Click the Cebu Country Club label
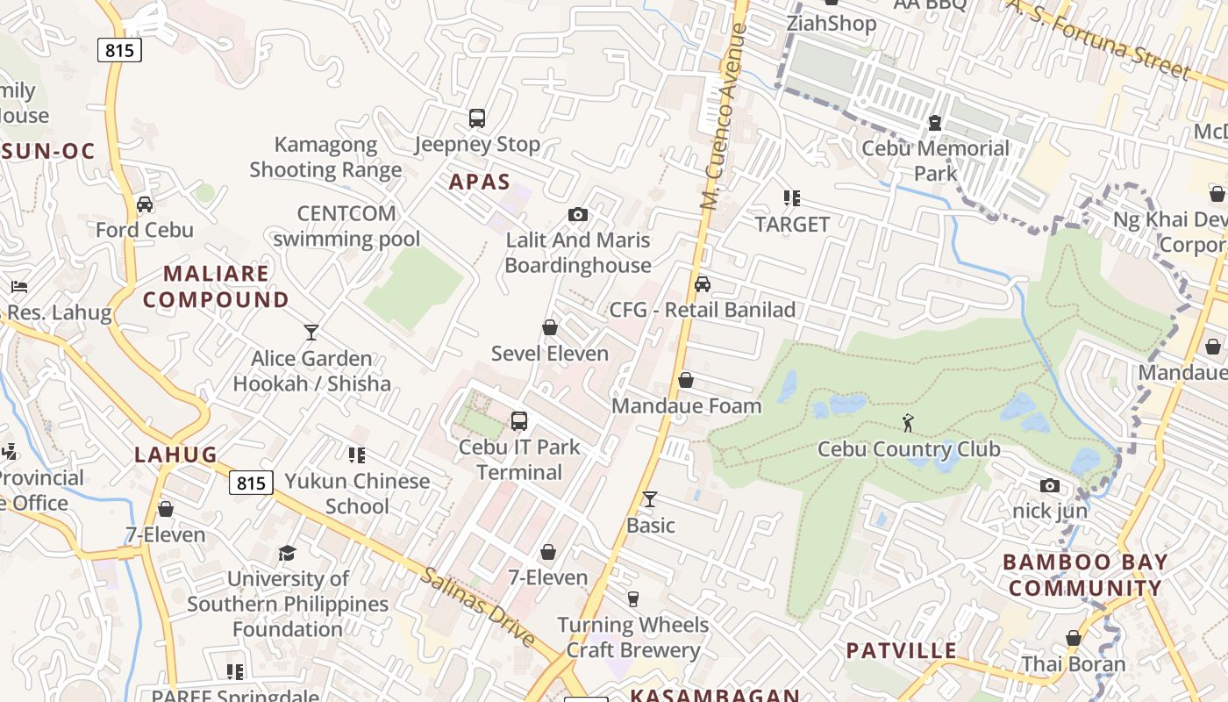908,449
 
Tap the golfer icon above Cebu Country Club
908,424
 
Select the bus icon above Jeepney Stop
477,118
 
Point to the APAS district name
479,182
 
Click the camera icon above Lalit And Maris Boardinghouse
577,215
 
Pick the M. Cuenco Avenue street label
725,116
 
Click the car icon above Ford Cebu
145,204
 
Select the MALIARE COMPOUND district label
216,286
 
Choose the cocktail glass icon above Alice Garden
311,333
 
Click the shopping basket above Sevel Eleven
550,328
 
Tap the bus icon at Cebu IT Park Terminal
519,421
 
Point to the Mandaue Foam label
686,406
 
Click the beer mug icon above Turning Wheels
633,599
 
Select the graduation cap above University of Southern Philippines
288,553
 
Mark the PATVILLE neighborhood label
901,651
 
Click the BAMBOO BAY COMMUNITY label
1084,575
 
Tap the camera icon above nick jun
1049,485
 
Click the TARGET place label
792,225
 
